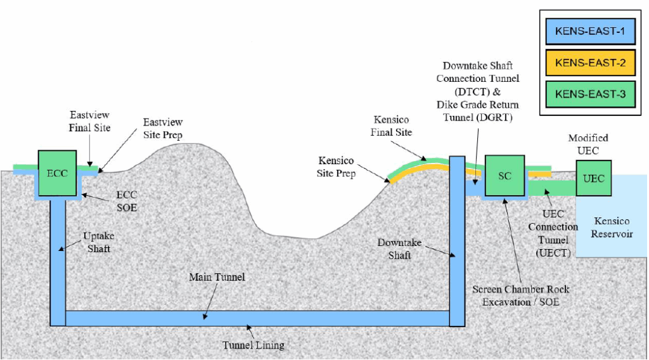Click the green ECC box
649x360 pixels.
pos(58,172)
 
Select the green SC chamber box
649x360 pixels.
pos(504,176)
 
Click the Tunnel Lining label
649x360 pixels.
pos(253,345)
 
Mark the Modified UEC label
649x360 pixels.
pos(588,143)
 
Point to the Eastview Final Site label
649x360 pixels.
pos(90,122)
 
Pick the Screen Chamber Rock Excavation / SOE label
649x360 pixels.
pos(520,295)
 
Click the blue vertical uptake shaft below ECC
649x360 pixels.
pos(58,260)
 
